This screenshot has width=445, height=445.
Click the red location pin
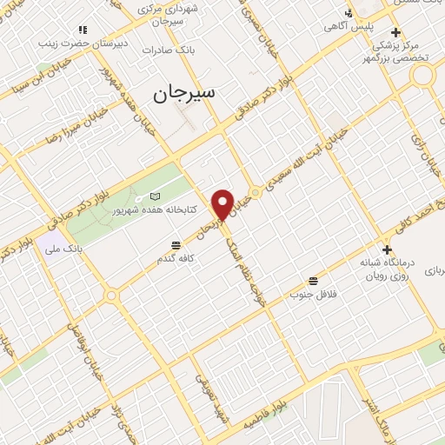(223, 204)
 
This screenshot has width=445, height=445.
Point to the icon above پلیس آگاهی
(349, 13)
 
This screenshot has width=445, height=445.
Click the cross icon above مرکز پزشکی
(395, 32)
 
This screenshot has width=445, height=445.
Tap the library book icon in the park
(156, 196)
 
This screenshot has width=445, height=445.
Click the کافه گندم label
(176, 258)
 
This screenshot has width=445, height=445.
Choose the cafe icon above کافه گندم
(176, 245)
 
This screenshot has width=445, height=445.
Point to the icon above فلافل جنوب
(313, 281)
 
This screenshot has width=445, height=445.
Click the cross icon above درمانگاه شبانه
(387, 249)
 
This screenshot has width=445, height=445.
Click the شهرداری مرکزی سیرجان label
(174, 15)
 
